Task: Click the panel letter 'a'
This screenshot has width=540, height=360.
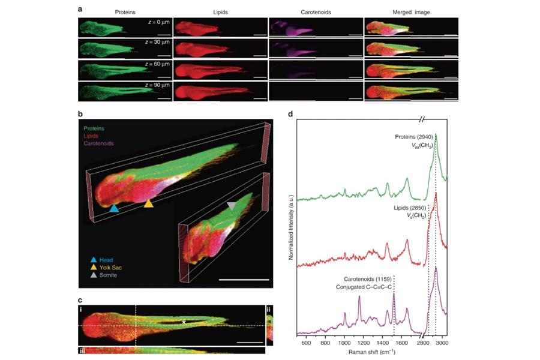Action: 81,8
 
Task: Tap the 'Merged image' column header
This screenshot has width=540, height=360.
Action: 410,11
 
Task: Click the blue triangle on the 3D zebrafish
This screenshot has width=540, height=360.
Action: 115,208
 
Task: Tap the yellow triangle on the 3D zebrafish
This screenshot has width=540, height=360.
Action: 148,203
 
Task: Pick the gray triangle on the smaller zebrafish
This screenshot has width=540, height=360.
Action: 232,206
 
